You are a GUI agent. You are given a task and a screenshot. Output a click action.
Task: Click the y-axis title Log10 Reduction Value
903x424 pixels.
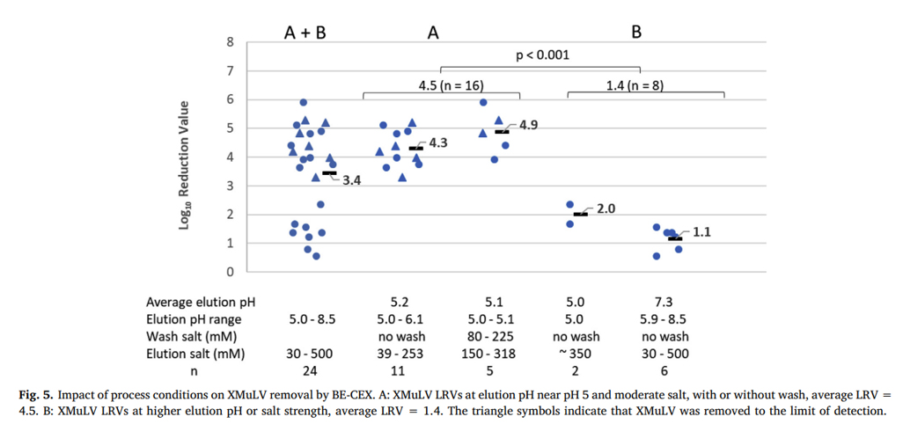pyautogui.click(x=186, y=165)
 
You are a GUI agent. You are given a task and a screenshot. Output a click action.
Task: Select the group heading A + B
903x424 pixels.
pyautogui.click(x=305, y=33)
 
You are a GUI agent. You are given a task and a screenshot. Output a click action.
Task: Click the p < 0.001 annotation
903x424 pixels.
pyautogui.click(x=541, y=55)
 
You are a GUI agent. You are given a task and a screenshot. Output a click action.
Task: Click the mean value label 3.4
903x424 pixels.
pyautogui.click(x=351, y=180)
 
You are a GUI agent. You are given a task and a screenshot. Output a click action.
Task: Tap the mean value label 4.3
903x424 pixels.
pyautogui.click(x=437, y=142)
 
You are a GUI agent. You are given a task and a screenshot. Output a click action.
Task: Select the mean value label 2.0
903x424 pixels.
pyautogui.click(x=606, y=208)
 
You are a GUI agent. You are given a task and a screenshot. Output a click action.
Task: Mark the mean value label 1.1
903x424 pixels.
pyautogui.click(x=702, y=233)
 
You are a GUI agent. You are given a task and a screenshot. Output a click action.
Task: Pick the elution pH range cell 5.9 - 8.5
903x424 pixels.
pyautogui.click(x=664, y=319)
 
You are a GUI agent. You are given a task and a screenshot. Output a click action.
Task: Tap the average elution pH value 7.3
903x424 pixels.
pyautogui.click(x=664, y=302)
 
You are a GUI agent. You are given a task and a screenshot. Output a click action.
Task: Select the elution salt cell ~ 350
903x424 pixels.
pyautogui.click(x=577, y=354)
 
